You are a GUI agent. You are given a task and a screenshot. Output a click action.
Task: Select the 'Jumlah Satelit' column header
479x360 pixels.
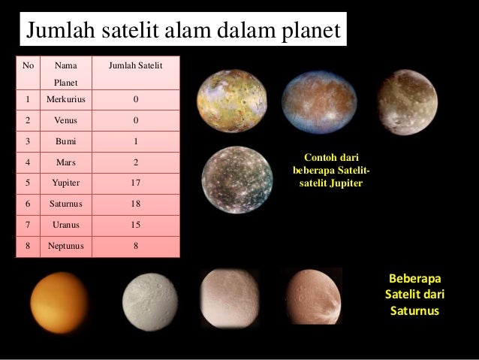click(x=136, y=66)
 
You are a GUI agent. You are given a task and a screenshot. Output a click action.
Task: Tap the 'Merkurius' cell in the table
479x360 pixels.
click(x=65, y=99)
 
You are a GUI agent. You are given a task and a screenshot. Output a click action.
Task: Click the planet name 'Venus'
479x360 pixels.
click(x=65, y=120)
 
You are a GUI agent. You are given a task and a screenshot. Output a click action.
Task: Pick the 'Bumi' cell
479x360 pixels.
click(x=65, y=141)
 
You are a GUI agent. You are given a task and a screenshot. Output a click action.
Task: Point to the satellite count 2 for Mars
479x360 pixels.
click(x=136, y=161)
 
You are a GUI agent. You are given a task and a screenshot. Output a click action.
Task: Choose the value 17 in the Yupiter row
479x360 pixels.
click(x=136, y=182)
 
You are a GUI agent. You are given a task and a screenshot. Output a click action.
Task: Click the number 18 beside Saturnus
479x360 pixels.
click(x=136, y=203)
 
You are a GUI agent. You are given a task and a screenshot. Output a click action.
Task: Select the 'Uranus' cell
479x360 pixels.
click(x=65, y=224)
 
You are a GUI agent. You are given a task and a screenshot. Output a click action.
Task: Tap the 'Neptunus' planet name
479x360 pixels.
click(x=65, y=244)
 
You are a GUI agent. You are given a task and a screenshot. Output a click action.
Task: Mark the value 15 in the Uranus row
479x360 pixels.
click(x=136, y=224)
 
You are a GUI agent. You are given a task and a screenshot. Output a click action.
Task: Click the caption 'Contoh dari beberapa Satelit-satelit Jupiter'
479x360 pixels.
click(x=330, y=170)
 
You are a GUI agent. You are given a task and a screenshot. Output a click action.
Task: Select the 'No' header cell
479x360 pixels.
click(x=29, y=66)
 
